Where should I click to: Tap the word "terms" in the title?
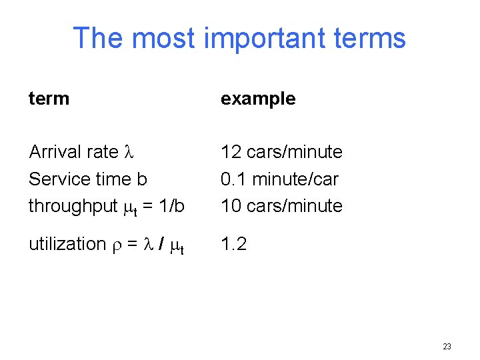369,38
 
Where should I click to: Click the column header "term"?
49,99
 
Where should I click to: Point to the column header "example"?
258,99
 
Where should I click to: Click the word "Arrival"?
55,152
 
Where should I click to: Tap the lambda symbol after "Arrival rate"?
130,153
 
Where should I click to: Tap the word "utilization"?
67,244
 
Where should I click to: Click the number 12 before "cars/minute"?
231,152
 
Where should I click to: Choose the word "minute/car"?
293,179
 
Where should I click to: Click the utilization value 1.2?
233,244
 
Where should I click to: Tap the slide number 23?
447,346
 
